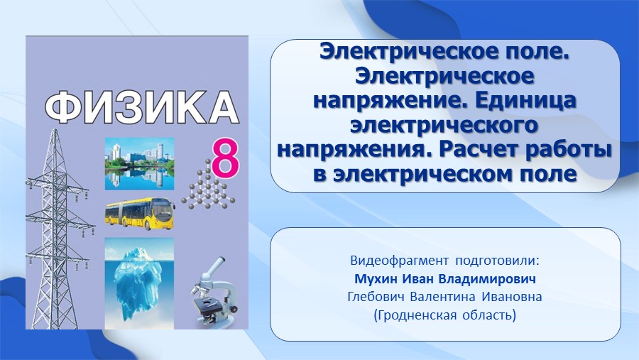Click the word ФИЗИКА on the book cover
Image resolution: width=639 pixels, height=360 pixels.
coord(141,107)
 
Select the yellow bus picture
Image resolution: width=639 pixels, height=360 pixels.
coord(140,214)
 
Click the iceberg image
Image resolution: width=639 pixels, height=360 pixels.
coord(139,283)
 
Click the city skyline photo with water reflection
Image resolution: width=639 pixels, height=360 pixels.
coord(139,164)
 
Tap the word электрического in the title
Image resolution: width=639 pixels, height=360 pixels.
coord(444,126)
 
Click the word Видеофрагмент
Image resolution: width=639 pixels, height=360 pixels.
coord(399,261)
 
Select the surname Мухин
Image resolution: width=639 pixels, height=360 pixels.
coord(376,279)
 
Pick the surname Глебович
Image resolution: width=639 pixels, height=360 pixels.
coord(376,297)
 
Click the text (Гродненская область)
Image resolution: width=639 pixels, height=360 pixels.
coord(445,315)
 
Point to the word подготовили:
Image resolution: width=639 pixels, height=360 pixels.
coord(497,261)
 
